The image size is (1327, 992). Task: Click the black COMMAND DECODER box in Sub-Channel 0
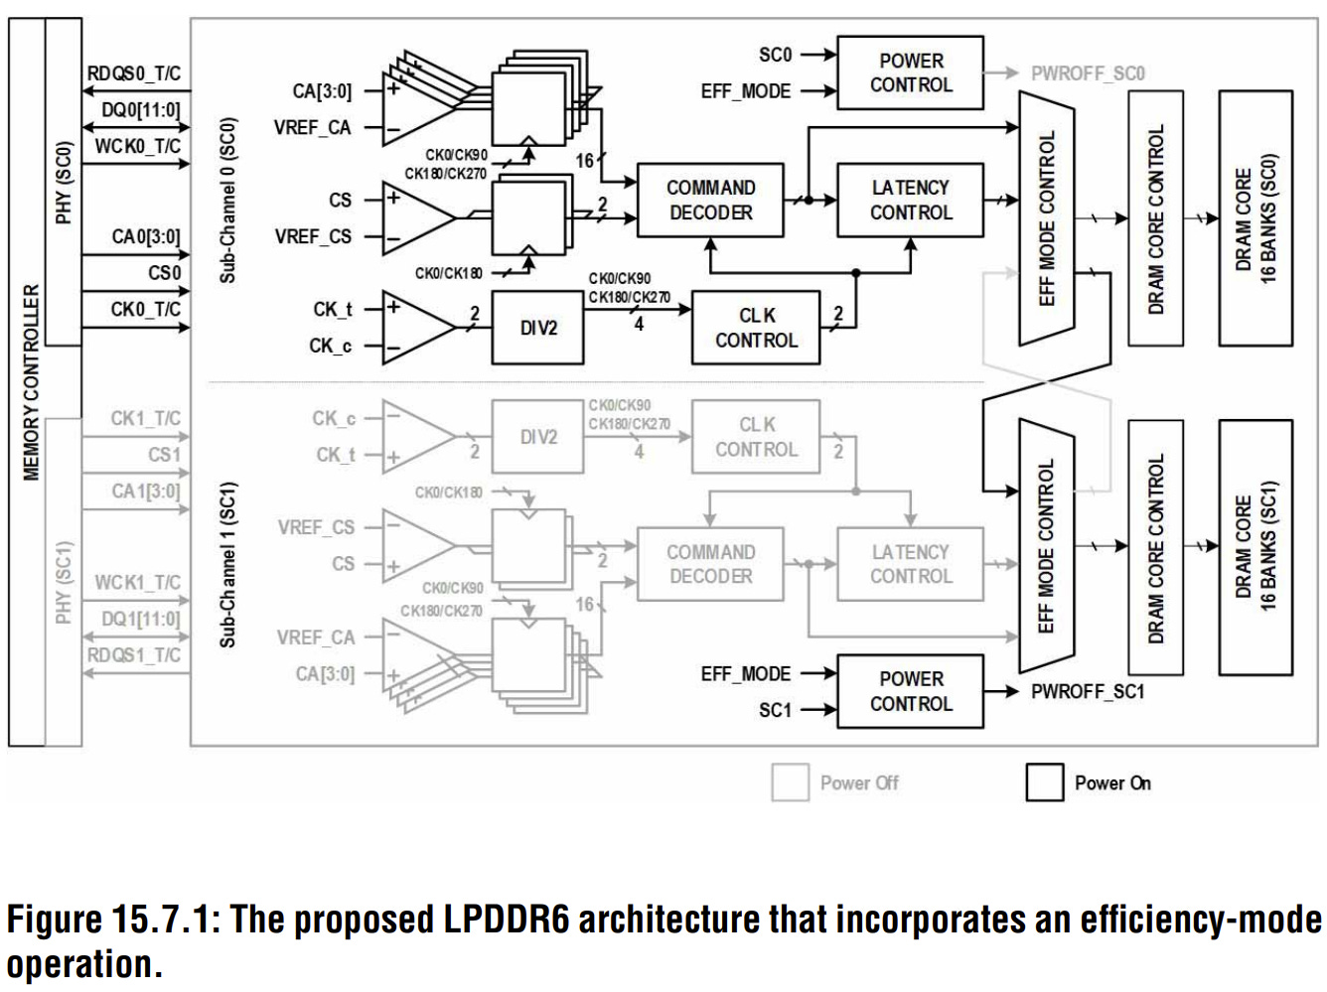coord(710,200)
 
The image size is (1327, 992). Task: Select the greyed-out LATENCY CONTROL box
coord(911,564)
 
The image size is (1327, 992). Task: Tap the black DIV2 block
coord(537,328)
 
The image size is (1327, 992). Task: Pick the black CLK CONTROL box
coord(756,328)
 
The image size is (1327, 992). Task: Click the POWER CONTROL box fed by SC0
coord(911,72)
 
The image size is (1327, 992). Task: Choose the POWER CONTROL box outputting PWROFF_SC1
coord(911,691)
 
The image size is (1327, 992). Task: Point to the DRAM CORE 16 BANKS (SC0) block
coord(1255,218)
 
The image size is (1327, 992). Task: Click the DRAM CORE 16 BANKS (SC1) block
coord(1255,547)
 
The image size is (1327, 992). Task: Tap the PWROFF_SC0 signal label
coord(1088,73)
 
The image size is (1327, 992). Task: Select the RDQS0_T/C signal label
coord(134,73)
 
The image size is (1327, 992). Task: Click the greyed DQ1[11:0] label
coord(141,619)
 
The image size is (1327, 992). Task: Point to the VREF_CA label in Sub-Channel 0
coord(312,127)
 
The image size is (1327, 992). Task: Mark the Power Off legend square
coord(791,782)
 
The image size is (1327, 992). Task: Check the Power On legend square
coord(1045,782)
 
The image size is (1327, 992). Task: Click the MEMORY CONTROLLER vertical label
coord(31,382)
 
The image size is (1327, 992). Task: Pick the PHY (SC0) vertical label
coord(64,182)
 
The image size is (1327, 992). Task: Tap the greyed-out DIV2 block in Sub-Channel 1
coord(537,436)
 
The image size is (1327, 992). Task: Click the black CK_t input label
coord(333,310)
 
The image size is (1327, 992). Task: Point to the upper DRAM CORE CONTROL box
coord(1155,218)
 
